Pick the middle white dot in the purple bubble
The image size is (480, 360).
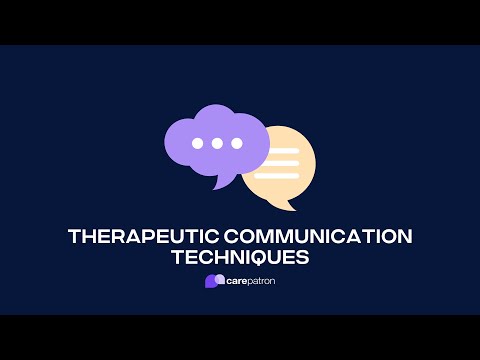coord(217,143)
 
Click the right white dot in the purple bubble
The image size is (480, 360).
coord(236,143)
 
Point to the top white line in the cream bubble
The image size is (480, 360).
coord(283,151)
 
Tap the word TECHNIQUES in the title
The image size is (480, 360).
coord(240,257)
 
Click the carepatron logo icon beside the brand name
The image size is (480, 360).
coord(213,281)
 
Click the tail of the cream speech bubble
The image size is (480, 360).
coord(291,205)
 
